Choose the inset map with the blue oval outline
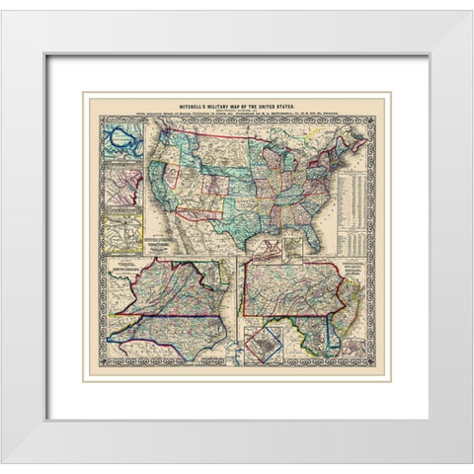(x=121, y=138)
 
